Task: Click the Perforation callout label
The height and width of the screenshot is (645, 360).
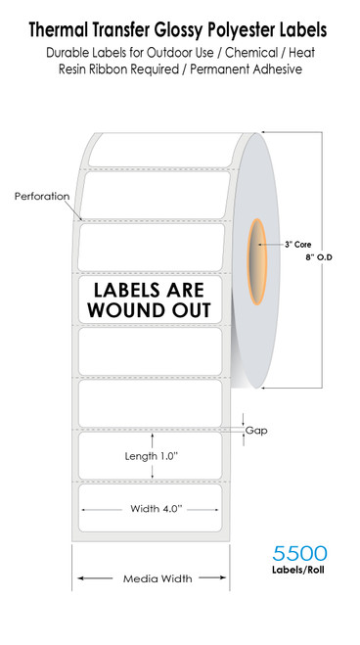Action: point(42,196)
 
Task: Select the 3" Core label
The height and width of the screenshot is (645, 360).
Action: point(297,243)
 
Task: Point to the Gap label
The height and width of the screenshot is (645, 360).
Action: point(256,431)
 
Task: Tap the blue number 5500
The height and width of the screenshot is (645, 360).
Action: point(299,555)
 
